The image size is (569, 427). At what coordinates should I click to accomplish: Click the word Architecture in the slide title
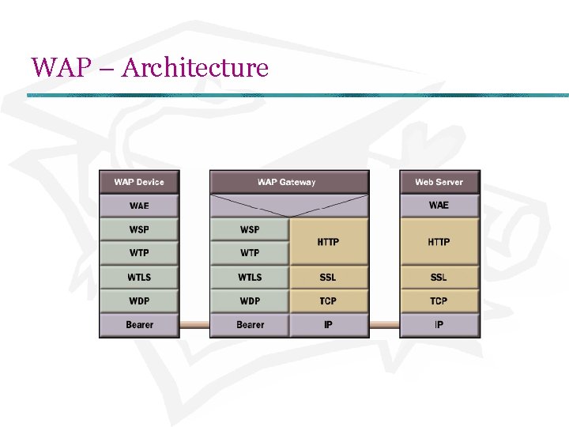[195, 68]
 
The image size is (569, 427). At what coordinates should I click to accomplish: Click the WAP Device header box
[139, 182]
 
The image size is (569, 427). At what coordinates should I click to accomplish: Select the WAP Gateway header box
[289, 182]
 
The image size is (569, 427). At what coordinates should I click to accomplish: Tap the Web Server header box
[439, 182]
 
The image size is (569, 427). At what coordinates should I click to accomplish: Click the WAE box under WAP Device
[139, 206]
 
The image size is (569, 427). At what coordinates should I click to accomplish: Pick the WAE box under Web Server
[439, 206]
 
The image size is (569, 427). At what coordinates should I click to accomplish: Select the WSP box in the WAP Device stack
[139, 229]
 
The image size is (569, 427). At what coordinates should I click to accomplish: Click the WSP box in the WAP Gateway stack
[250, 229]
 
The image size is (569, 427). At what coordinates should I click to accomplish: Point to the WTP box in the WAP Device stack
[139, 253]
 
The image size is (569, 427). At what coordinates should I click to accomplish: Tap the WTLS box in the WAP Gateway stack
[250, 277]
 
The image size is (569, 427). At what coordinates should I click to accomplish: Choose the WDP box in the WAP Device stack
[139, 300]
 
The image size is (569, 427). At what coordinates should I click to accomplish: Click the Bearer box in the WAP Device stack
[139, 324]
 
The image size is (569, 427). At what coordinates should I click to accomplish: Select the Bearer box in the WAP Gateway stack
[250, 324]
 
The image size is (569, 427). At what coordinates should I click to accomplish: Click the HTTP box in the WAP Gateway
[329, 241]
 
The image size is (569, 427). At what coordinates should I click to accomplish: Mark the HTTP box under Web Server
[439, 241]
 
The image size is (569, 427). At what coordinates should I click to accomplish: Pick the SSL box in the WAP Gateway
[329, 277]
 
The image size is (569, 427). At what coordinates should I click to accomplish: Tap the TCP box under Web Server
[439, 300]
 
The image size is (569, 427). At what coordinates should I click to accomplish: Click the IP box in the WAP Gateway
[329, 324]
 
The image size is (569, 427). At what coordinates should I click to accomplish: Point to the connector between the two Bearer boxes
[194, 324]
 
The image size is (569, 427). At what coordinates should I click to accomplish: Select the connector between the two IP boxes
[384, 324]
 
